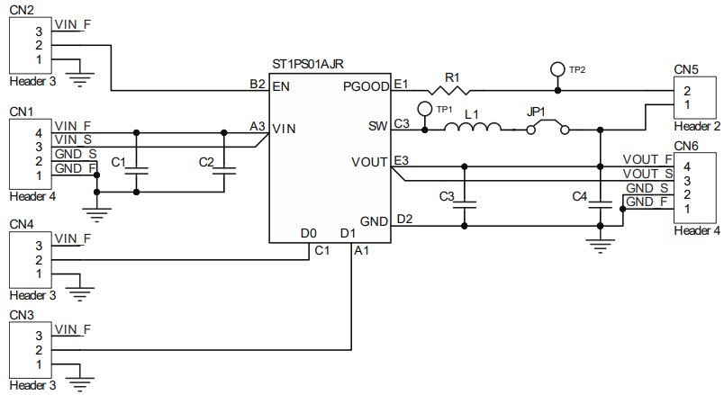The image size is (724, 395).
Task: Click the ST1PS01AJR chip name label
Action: point(307,65)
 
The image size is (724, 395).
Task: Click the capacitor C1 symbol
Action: point(136,168)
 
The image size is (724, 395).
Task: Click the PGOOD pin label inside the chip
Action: point(367,88)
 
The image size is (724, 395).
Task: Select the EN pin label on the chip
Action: point(280,88)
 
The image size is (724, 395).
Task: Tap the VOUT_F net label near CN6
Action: point(647,160)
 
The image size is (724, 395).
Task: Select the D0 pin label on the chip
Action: point(308,234)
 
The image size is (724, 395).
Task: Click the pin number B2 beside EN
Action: point(257,84)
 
